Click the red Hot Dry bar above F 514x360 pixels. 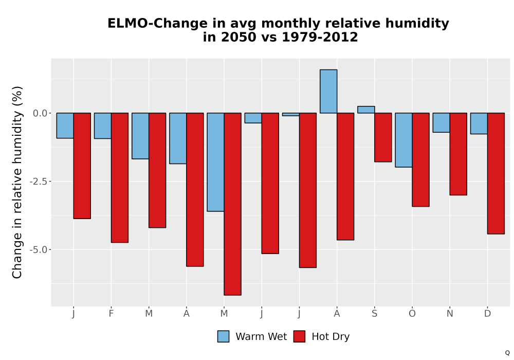[120, 178]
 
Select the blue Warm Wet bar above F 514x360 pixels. [103, 125]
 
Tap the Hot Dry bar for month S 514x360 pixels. [383, 137]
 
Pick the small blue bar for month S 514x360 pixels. [366, 110]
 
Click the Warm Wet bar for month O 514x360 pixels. [403, 140]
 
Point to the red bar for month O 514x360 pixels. [420, 159]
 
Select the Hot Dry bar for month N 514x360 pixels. [458, 154]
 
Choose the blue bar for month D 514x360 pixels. [479, 123]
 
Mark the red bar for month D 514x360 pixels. [496, 173]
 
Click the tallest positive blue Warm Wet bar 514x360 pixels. [328, 91]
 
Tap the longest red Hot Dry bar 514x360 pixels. [232, 204]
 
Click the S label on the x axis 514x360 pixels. [374, 314]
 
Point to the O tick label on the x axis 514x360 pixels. [412, 314]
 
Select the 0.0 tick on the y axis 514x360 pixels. [40, 113]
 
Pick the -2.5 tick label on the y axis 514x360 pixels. [39, 182]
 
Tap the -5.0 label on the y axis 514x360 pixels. [39, 249]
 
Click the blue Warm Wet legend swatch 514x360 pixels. [223, 336]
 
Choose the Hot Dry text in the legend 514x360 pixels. [331, 337]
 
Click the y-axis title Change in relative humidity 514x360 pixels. [17, 182]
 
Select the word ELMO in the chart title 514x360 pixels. [128, 23]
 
